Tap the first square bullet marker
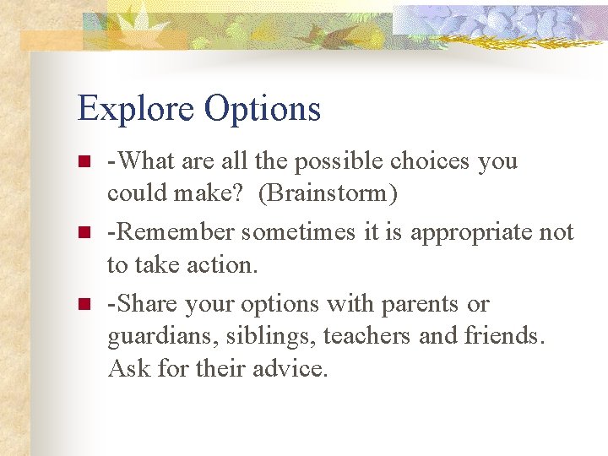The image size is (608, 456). pyautogui.click(x=83, y=161)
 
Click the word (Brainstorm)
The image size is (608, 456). pyautogui.click(x=328, y=193)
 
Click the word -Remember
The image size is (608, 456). pyautogui.click(x=171, y=232)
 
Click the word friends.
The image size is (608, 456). pyautogui.click(x=505, y=337)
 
